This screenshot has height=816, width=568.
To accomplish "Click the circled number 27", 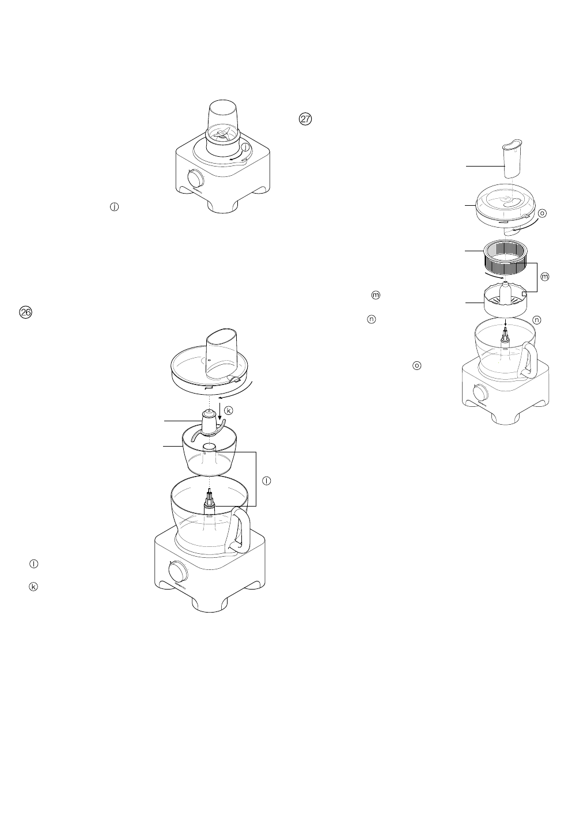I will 305,119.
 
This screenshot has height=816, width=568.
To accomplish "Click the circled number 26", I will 25,312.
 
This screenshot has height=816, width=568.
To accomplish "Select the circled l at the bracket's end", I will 266,481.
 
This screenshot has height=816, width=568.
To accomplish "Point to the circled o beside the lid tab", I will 542,213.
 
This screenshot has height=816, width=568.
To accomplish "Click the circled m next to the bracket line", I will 544,277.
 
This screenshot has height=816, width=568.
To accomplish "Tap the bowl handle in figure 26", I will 241,529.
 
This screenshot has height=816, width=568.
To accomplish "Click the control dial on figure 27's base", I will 479,393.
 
